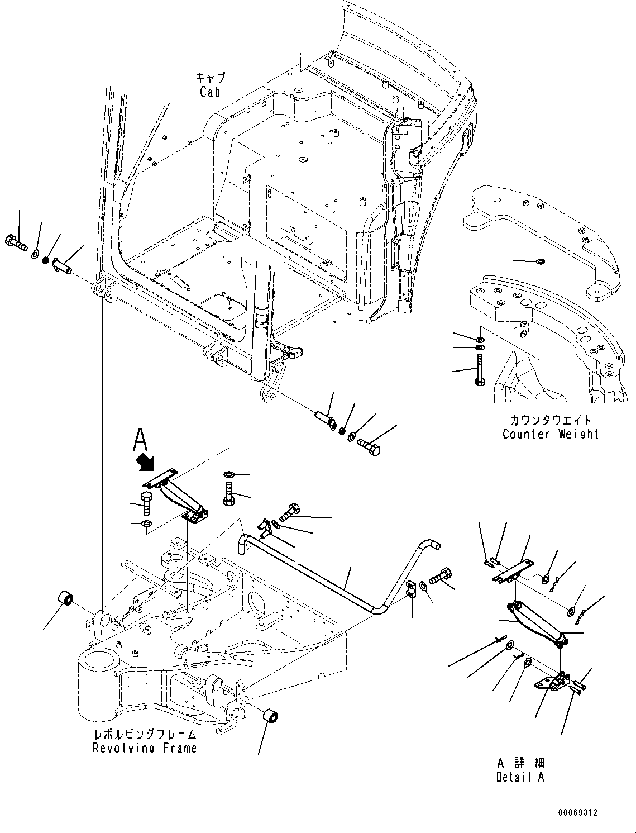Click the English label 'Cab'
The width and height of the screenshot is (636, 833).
point(209,92)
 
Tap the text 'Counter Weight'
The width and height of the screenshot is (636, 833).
point(551,434)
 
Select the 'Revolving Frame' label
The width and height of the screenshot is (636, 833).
point(145,748)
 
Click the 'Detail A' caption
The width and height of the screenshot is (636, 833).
point(520,777)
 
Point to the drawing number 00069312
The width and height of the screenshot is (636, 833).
point(576,812)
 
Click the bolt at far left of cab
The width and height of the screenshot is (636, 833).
point(17,242)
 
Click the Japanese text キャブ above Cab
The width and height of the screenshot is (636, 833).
point(210,77)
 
